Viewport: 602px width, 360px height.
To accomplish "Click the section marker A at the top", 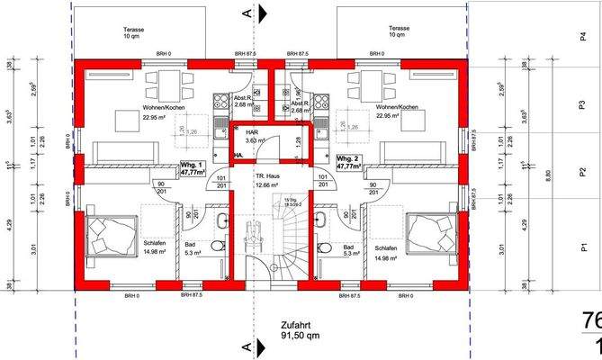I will point(247,13).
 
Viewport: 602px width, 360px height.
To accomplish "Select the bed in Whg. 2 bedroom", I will point(431,234).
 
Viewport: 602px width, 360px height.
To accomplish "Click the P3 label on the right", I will point(582,105).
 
